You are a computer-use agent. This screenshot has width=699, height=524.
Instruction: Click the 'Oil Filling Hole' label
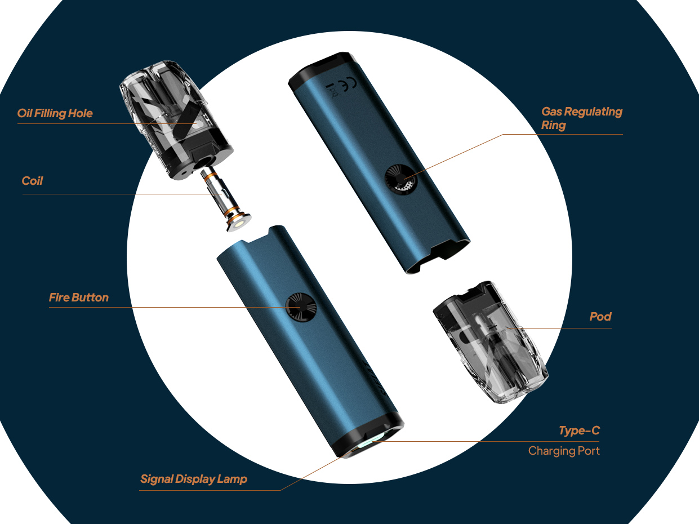click(55, 113)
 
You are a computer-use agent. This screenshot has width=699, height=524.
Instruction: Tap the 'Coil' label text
click(32, 181)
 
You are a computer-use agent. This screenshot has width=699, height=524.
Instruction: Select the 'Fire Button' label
click(79, 297)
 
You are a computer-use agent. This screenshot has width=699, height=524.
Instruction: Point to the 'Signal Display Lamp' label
click(194, 479)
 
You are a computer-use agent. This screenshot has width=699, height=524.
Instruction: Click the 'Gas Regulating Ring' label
click(582, 118)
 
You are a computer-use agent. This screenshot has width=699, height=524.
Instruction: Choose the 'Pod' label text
click(600, 317)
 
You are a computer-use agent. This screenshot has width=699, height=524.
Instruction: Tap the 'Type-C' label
click(579, 430)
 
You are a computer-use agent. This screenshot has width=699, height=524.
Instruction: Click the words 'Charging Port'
click(564, 451)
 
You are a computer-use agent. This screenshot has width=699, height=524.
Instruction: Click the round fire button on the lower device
click(301, 307)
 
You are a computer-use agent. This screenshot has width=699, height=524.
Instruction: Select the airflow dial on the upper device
click(401, 179)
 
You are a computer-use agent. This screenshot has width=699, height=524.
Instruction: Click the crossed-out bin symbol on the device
click(333, 91)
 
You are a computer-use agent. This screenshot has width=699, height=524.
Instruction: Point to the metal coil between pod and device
click(225, 199)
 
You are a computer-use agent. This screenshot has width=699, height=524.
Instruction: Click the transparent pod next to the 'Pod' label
click(491, 342)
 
